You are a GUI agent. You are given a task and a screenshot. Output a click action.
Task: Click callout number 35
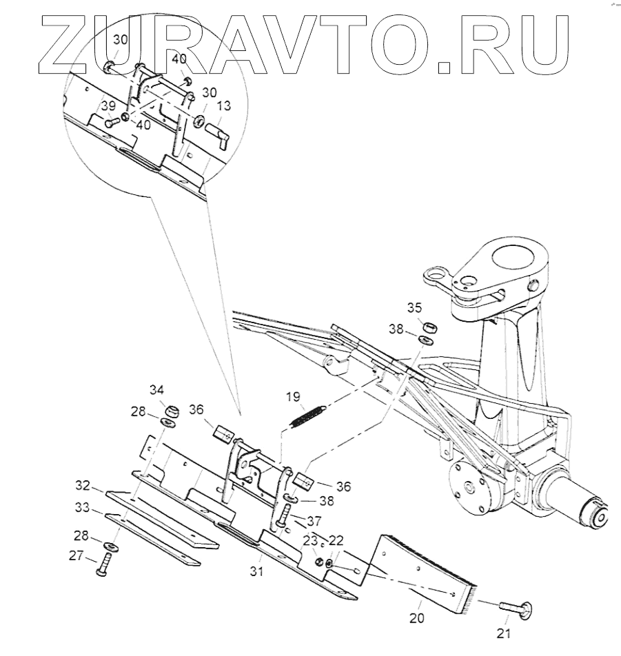(x=414, y=307)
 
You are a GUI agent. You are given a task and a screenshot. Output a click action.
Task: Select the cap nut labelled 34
(x=170, y=410)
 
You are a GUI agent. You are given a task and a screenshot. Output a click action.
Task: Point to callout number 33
(x=83, y=508)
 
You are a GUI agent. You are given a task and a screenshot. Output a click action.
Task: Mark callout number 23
(x=312, y=541)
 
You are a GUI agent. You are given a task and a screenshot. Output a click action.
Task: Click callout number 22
(x=336, y=541)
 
